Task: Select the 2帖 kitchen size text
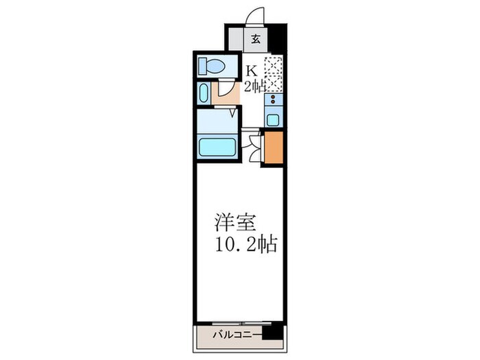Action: pyautogui.click(x=255, y=86)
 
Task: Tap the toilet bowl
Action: pyautogui.click(x=213, y=67)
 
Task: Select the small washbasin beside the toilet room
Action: pyautogui.click(x=204, y=94)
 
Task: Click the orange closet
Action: pyautogui.click(x=273, y=147)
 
